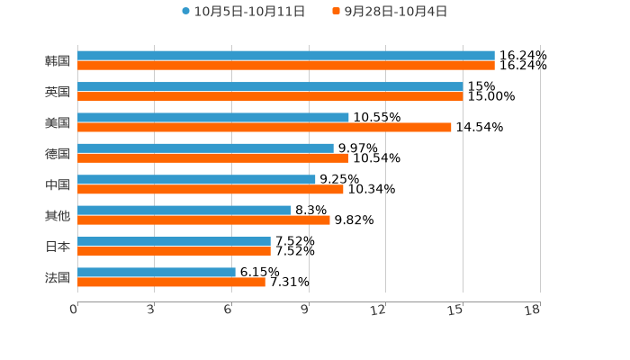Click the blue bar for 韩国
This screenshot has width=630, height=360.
pyautogui.click(x=286, y=56)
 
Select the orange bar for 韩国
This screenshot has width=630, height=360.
pyautogui.click(x=286, y=66)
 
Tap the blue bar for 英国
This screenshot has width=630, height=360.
pyautogui.click(x=270, y=86)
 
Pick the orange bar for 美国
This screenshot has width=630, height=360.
pyautogui.click(x=265, y=127)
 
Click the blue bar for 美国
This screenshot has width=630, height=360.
pyautogui.click(x=213, y=117)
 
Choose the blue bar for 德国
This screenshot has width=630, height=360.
pyautogui.click(x=205, y=148)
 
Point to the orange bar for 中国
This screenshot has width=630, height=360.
pyautogui.click(x=211, y=189)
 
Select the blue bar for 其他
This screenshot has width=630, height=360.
pyautogui.click(x=184, y=211)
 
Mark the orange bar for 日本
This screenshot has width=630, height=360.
pyautogui.click(x=174, y=251)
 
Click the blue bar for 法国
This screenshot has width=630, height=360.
pyautogui.click(x=157, y=272)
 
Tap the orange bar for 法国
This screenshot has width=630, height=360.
pyautogui.click(x=171, y=282)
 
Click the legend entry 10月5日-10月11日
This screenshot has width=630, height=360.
pyautogui.click(x=243, y=12)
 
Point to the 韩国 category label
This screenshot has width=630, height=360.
pyautogui.click(x=58, y=61)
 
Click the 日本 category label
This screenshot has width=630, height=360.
pyautogui.click(x=58, y=247)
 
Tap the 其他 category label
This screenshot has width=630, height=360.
pyautogui.click(x=58, y=216)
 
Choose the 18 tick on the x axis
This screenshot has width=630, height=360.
pyautogui.click(x=533, y=310)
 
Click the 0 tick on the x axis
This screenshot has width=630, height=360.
pyautogui.click(x=75, y=310)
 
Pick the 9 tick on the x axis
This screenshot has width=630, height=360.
pyautogui.click(x=306, y=310)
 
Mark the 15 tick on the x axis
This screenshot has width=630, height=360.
pyautogui.click(x=456, y=310)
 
